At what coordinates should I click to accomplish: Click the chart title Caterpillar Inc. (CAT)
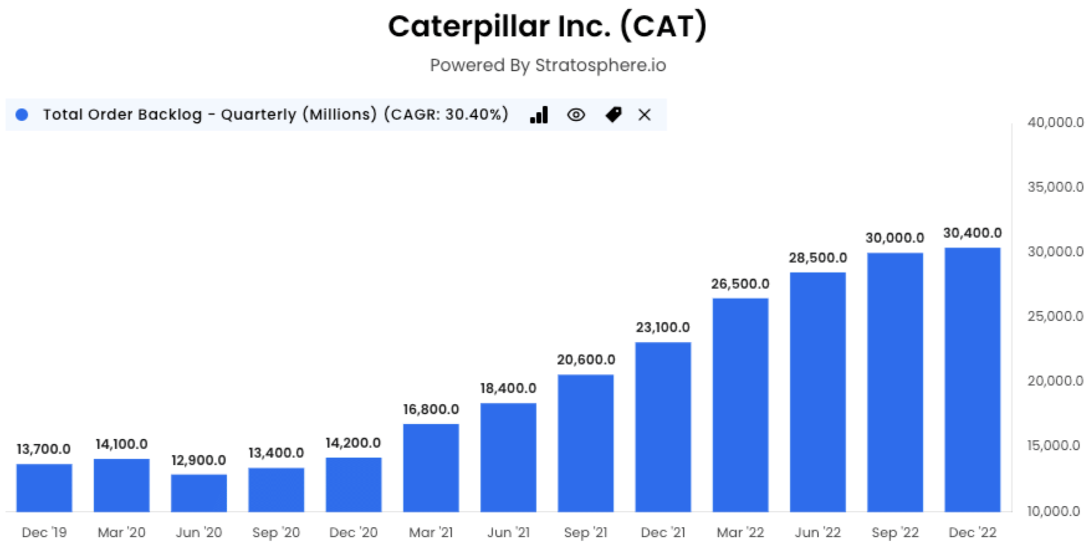[x=547, y=26]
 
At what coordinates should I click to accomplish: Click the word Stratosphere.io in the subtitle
[x=600, y=65]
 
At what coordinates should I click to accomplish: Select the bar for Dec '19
[x=44, y=487]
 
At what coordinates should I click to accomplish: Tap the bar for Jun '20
[x=199, y=493]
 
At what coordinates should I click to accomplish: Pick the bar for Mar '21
[x=431, y=467]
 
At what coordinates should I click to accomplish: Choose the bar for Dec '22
[x=972, y=379]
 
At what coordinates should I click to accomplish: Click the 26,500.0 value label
[x=740, y=284]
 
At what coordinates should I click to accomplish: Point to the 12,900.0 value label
[x=198, y=460]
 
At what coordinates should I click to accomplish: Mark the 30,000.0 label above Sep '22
[x=894, y=238]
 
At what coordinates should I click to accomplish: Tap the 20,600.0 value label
[x=586, y=360]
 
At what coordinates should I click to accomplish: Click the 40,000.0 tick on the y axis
[x=1055, y=122]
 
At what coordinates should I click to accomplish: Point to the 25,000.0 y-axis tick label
[x=1055, y=316]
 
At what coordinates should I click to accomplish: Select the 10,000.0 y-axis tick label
[x=1055, y=511]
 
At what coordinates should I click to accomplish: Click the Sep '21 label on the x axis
[x=585, y=532]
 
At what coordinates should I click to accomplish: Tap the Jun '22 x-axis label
[x=817, y=532]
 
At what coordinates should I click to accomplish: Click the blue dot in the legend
[x=22, y=114]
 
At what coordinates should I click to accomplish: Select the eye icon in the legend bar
[x=576, y=115]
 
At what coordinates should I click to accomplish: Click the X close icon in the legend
[x=645, y=115]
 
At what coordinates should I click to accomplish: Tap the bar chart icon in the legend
[x=539, y=115]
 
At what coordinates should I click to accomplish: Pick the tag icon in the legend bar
[x=613, y=115]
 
